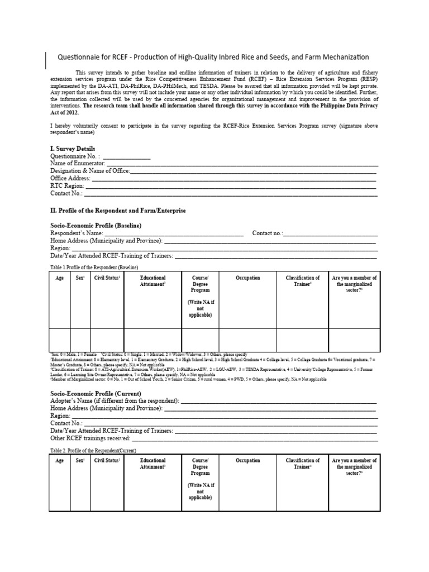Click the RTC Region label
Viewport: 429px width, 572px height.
coord(67,185)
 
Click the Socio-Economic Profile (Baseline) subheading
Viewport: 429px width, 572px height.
coord(96,225)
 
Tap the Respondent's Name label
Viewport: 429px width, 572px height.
coord(77,233)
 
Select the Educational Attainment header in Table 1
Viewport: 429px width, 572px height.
coord(152,281)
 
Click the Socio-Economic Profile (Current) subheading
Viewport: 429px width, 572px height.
coord(94,393)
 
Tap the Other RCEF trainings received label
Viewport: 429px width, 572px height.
coord(97,438)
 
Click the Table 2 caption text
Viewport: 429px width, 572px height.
coord(93,450)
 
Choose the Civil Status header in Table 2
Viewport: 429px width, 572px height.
coord(108,461)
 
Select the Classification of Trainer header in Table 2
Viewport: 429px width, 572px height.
coord(303,464)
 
